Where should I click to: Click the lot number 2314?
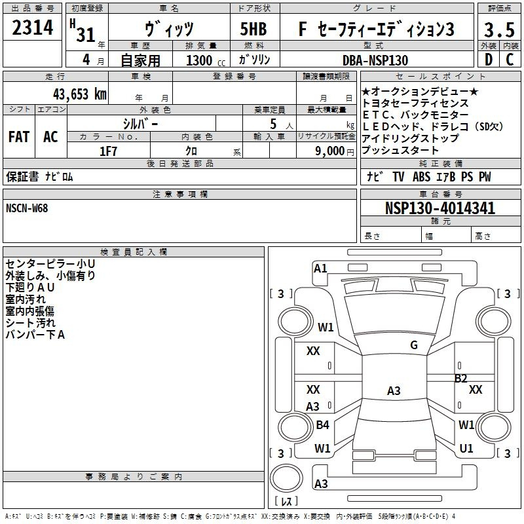[x=32, y=28]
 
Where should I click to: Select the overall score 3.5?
[x=499, y=29]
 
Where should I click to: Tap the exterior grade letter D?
[x=489, y=60]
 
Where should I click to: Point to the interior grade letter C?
[x=510, y=60]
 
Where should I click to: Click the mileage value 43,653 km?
[x=79, y=94]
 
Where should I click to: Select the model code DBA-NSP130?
[x=375, y=60]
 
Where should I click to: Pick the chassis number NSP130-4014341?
[x=440, y=208]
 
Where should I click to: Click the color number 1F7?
[x=108, y=151]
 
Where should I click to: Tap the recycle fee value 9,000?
[x=329, y=151]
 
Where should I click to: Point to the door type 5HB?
[x=253, y=29]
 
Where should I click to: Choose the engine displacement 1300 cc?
[x=206, y=60]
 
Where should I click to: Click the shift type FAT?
[x=19, y=137]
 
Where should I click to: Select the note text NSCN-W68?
[x=27, y=208]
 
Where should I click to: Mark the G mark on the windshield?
[x=414, y=345]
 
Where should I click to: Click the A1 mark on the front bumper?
[x=320, y=269]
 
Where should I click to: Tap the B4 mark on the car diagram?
[x=322, y=424]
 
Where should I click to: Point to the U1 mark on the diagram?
[x=466, y=449]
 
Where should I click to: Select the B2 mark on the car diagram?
[x=461, y=379]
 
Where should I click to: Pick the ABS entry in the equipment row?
[x=421, y=176]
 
